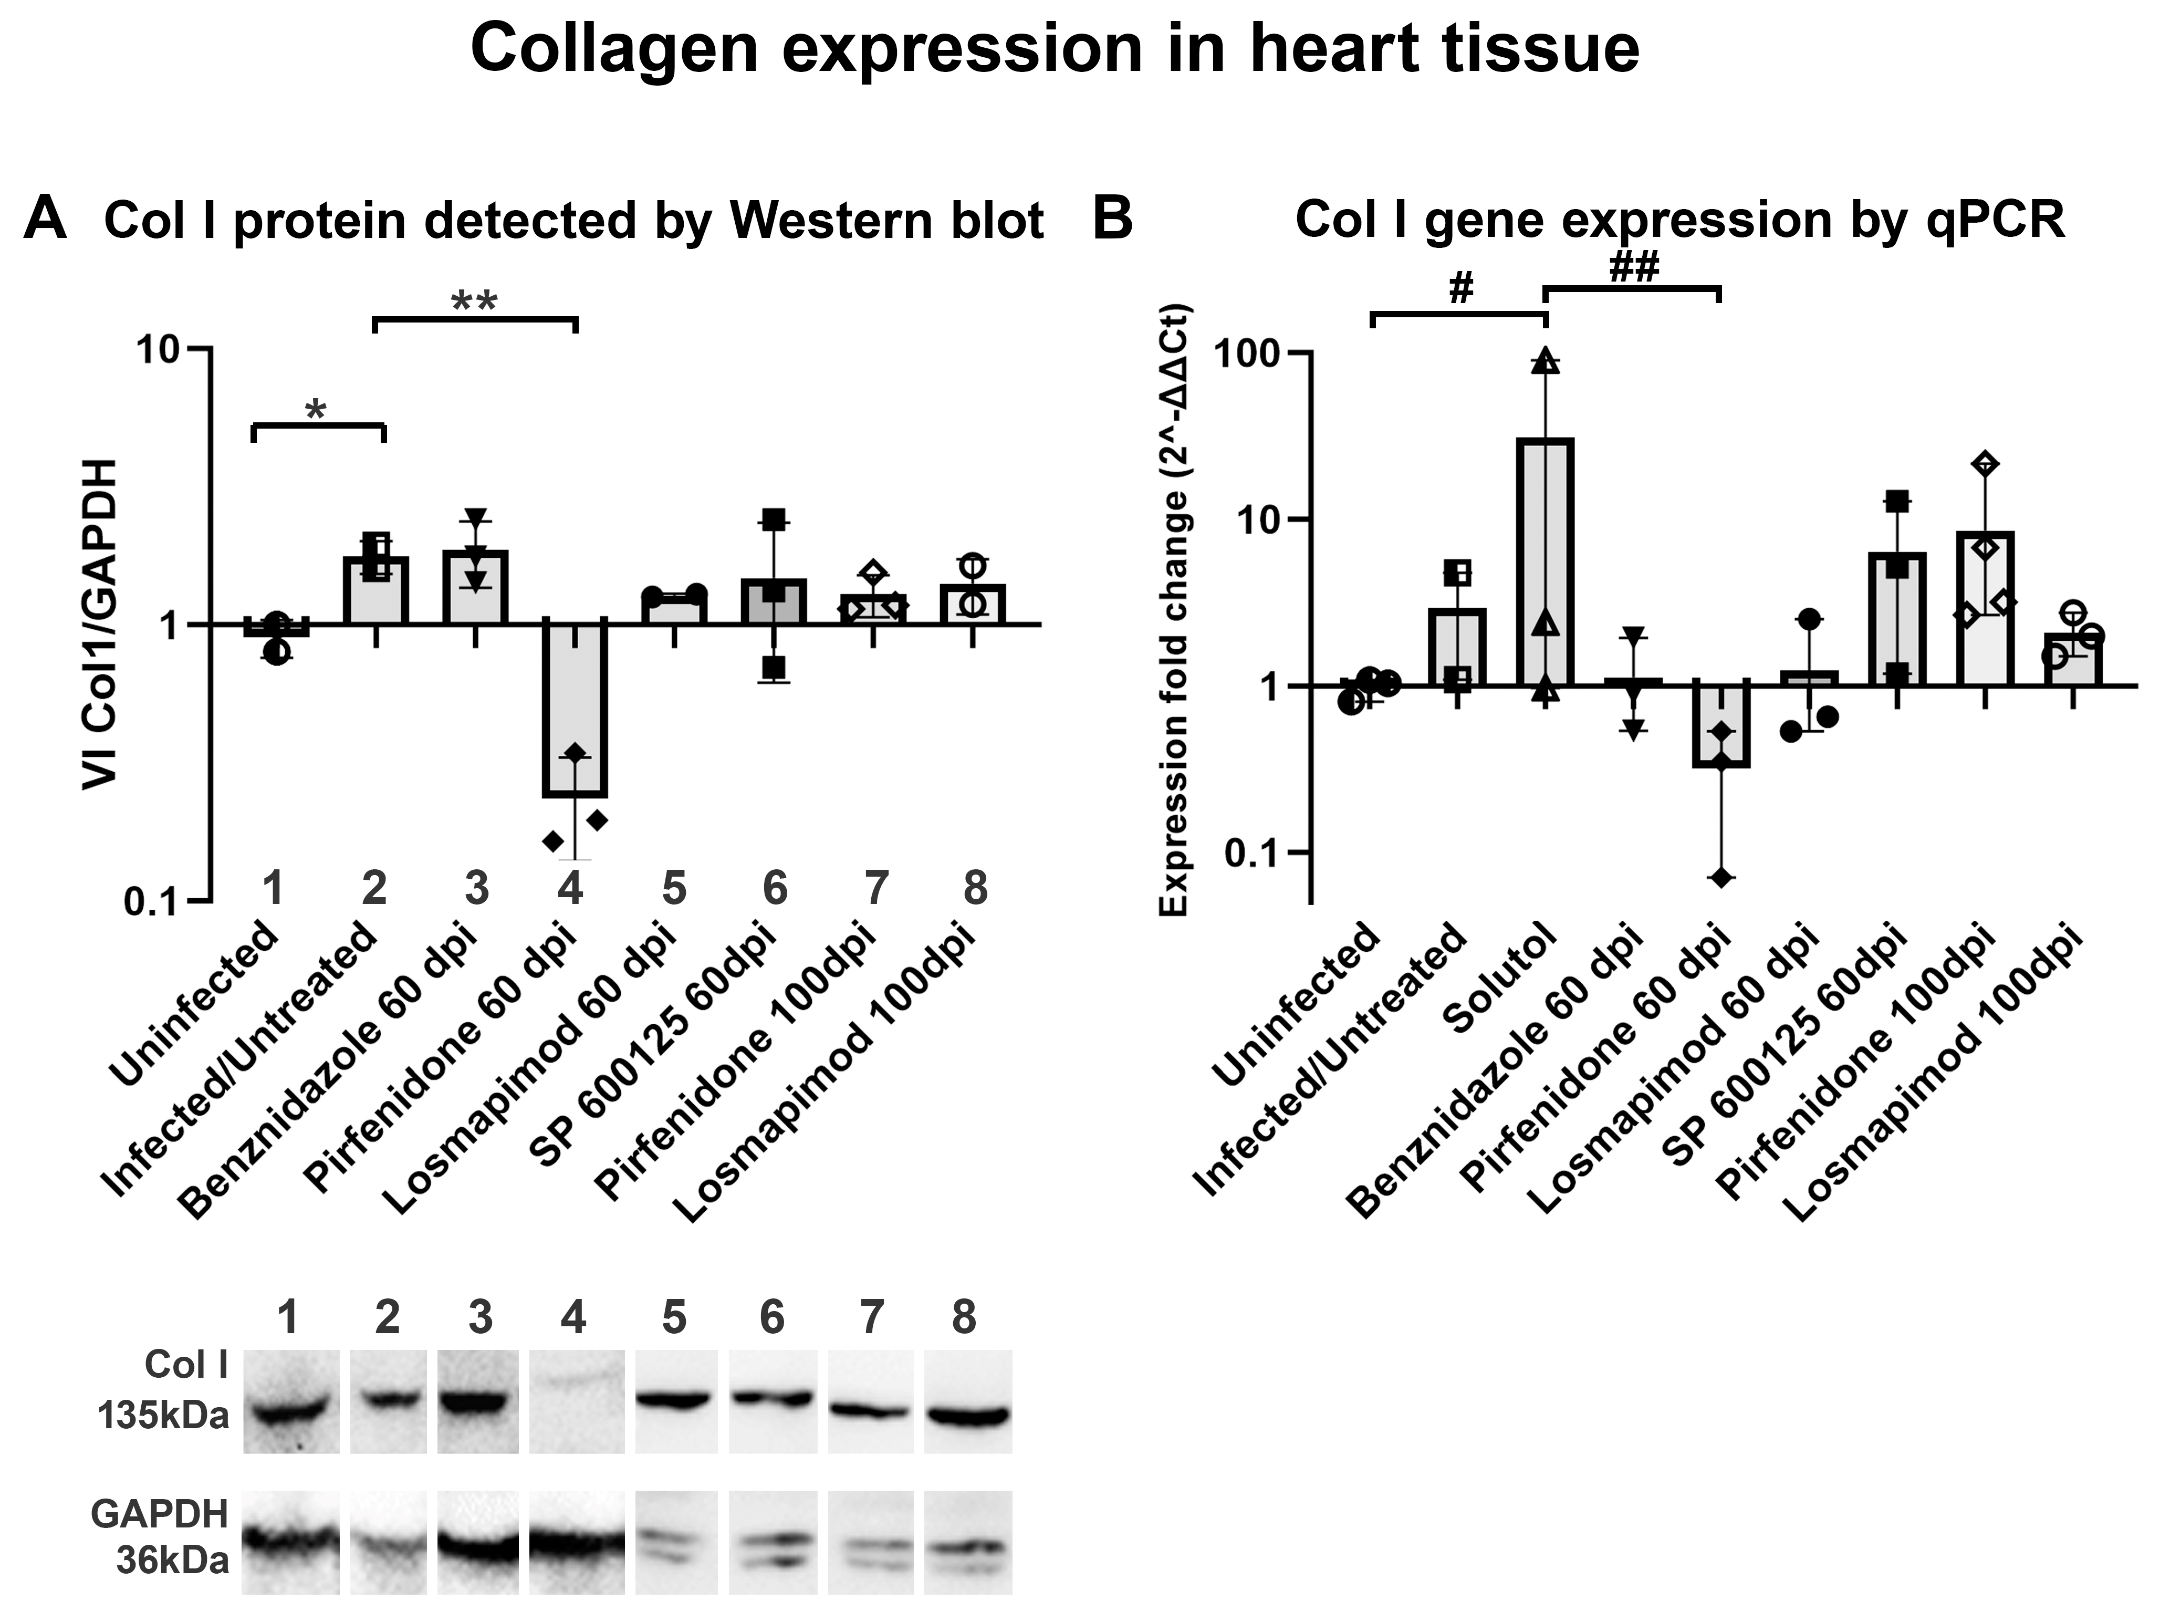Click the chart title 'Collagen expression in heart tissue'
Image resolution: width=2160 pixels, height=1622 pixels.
[x=1055, y=49]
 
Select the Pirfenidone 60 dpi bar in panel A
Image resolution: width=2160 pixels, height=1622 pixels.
[x=575, y=708]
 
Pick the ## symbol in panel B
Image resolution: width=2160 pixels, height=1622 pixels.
[x=1634, y=268]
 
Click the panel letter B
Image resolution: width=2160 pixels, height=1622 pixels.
[x=1112, y=219]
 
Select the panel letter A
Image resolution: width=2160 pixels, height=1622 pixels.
[x=46, y=219]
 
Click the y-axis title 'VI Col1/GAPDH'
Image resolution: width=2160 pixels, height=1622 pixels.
[x=101, y=625]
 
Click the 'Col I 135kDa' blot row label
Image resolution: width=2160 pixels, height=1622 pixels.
[x=164, y=1390]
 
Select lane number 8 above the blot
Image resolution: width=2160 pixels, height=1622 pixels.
[x=964, y=1318]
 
